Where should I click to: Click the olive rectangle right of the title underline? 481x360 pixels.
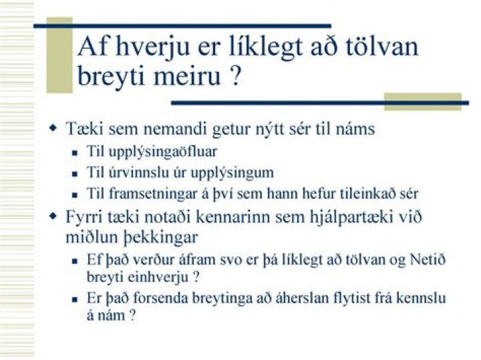(422, 101)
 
